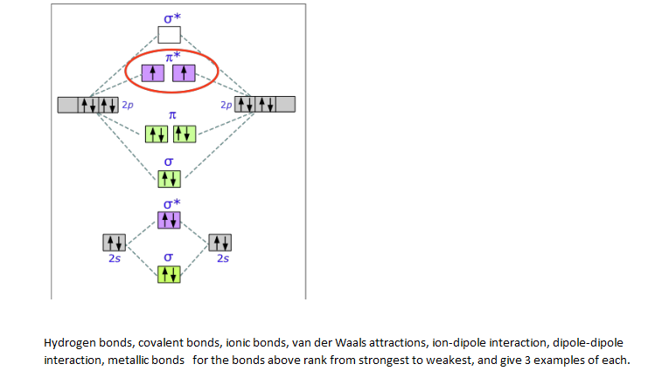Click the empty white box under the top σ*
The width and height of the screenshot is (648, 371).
coord(169,35)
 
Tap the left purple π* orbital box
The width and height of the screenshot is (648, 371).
coord(153,73)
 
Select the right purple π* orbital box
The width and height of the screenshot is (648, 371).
coord(184,73)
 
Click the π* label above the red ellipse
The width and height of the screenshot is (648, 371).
coord(172,55)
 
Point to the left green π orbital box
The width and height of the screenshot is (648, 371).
coord(156,134)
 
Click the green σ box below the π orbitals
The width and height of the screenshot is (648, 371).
coord(169,178)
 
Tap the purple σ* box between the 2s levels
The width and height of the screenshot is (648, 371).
coord(169,220)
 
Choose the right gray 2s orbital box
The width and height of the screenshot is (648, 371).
coord(220,242)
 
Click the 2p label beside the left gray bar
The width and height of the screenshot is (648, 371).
coord(128,105)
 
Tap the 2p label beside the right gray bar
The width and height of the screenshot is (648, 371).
coord(226,105)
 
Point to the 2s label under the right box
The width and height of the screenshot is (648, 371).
coord(222,258)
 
